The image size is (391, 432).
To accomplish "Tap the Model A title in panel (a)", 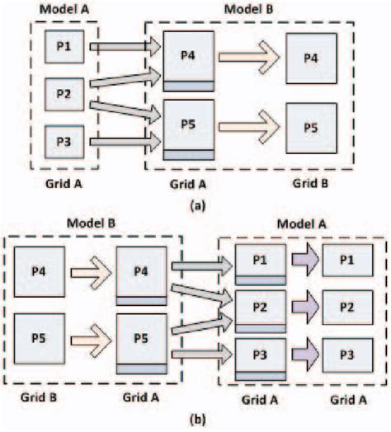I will (55, 9).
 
